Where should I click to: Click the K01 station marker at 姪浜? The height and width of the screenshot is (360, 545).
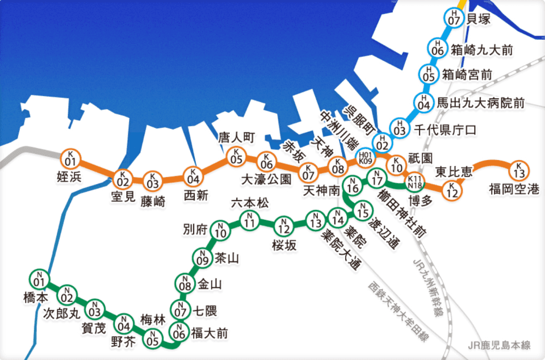pos(71,157)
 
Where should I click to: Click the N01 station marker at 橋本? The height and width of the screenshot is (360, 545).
pos(38,279)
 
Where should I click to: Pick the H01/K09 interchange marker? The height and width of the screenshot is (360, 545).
pos(365,157)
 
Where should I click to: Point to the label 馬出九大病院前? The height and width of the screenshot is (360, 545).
pos(480,103)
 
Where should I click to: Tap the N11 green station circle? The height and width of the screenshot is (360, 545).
pos(248,219)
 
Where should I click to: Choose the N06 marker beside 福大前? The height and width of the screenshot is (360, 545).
pos(179,330)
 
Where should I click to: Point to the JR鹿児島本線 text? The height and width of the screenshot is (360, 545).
pos(500,345)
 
